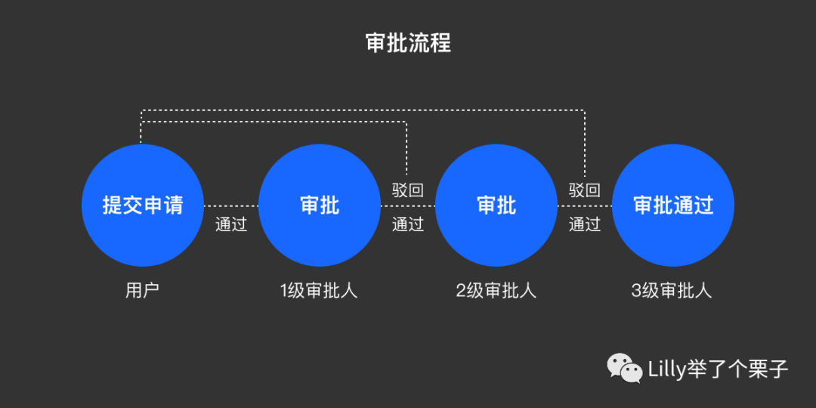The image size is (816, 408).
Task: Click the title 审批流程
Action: pos(408,44)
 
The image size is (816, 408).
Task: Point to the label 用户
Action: pos(143,291)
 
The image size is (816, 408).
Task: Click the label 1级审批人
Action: pos(319,291)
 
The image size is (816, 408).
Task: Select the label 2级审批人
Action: pos(496,291)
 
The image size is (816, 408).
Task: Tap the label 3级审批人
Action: pos(672,291)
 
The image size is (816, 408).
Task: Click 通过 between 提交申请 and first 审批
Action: pos(231,224)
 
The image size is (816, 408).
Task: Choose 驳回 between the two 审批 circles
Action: pos(408,190)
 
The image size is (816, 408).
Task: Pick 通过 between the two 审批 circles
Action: pos(408,224)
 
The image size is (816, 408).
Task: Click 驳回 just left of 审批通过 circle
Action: pos(585,190)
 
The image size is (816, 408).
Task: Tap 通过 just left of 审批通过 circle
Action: pos(585,224)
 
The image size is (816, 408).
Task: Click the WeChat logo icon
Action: pos(625,368)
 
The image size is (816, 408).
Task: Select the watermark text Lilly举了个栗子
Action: pos(719,369)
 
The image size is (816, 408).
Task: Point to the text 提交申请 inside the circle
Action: pos(143,205)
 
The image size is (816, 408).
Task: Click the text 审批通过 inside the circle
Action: pos(673,205)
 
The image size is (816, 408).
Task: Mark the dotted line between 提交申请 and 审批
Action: pos(231,206)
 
